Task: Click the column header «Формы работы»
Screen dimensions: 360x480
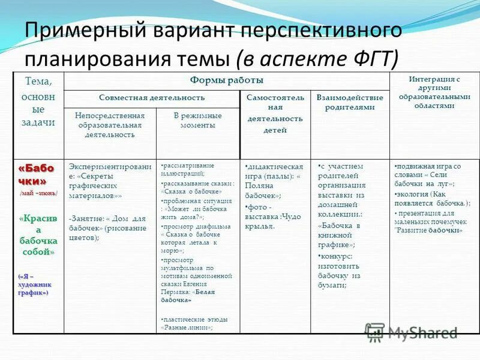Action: click(226, 80)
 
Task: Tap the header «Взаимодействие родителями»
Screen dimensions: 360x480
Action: click(349, 102)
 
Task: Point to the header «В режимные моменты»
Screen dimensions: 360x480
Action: click(197, 120)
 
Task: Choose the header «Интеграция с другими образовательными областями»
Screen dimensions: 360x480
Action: click(434, 91)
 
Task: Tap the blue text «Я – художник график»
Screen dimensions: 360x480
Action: click(35, 284)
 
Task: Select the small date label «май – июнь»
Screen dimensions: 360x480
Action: click(39, 193)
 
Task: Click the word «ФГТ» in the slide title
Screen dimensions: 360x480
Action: click(365, 58)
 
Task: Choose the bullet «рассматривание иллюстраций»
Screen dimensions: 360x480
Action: click(193, 169)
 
